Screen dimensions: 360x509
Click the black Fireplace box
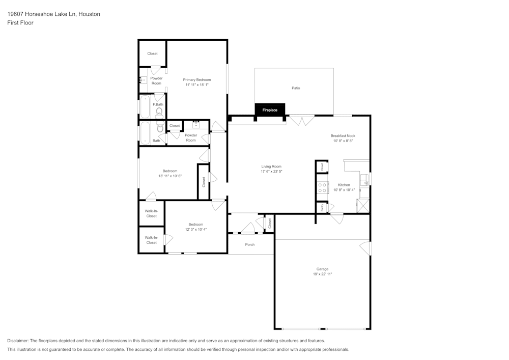tap(270, 110)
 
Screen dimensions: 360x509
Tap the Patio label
tap(296, 88)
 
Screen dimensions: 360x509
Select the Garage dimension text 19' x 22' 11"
tap(322, 274)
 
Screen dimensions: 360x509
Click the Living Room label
tap(271, 167)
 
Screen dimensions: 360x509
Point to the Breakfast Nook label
tap(343, 135)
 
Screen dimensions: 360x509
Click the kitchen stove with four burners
tap(322, 187)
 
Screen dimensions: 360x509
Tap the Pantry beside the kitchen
tap(322, 208)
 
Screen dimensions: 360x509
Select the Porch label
tap(250, 244)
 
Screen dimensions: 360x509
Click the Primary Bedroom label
tap(197, 80)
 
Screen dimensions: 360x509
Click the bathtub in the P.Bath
tap(145, 107)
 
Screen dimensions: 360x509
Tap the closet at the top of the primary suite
tap(152, 53)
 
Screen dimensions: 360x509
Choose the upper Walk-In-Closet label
tap(151, 213)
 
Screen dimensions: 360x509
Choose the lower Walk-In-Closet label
tap(151, 240)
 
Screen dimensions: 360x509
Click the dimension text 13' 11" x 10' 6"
tap(170, 176)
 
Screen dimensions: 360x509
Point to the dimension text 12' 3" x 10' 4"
tap(195, 230)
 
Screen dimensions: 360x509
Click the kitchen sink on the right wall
tap(364, 179)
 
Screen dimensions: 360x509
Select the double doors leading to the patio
tap(302, 121)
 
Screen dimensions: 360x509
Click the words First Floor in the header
tap(20, 23)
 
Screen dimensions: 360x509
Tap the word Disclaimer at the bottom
tap(18, 341)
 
